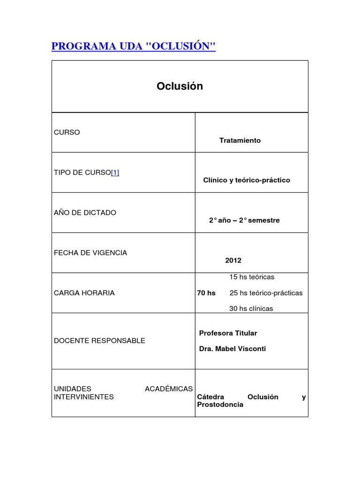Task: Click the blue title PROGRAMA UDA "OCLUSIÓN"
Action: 133,46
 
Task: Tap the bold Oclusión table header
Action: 180,86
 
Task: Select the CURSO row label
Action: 67,132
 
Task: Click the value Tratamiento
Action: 240,141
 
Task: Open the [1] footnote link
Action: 115,172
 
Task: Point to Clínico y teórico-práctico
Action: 247,180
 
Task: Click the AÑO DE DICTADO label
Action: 85,213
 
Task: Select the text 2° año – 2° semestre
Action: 244,220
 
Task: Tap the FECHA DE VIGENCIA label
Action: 90,253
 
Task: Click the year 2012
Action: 233,261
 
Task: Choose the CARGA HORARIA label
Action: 84,293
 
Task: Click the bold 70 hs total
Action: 206,293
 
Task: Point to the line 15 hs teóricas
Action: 252,277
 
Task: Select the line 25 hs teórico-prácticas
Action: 266,293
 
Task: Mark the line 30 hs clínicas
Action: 251,308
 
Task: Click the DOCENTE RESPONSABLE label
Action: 99,341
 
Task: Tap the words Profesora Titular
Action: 228,333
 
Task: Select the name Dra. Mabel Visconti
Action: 232,349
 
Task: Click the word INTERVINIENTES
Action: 84,397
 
